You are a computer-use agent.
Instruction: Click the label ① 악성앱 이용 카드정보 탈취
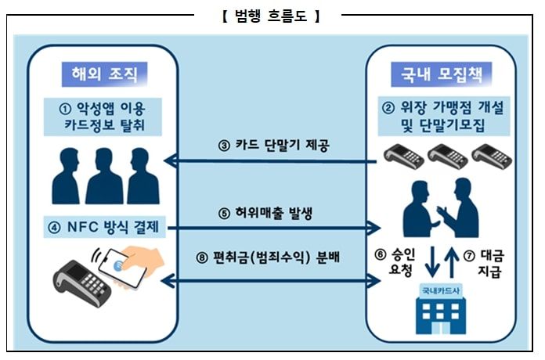tap(104, 116)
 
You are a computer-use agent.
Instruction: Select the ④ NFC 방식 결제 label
tap(104, 229)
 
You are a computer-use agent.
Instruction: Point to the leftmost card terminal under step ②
tap(403, 156)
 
